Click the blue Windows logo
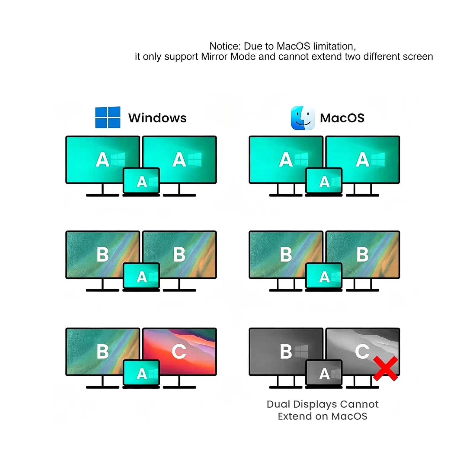108,117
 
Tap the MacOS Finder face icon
303,118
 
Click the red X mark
386,368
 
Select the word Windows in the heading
157,118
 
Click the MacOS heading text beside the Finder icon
342,118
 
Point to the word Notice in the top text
225,46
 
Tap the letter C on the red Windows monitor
179,352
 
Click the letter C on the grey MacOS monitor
362,351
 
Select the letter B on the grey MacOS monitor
286,352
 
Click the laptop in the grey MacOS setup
324,374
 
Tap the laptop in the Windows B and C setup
141,374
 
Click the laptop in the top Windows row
141,182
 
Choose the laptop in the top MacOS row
324,182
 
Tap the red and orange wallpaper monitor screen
179,352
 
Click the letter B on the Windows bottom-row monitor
103,352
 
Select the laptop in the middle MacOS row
324,277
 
